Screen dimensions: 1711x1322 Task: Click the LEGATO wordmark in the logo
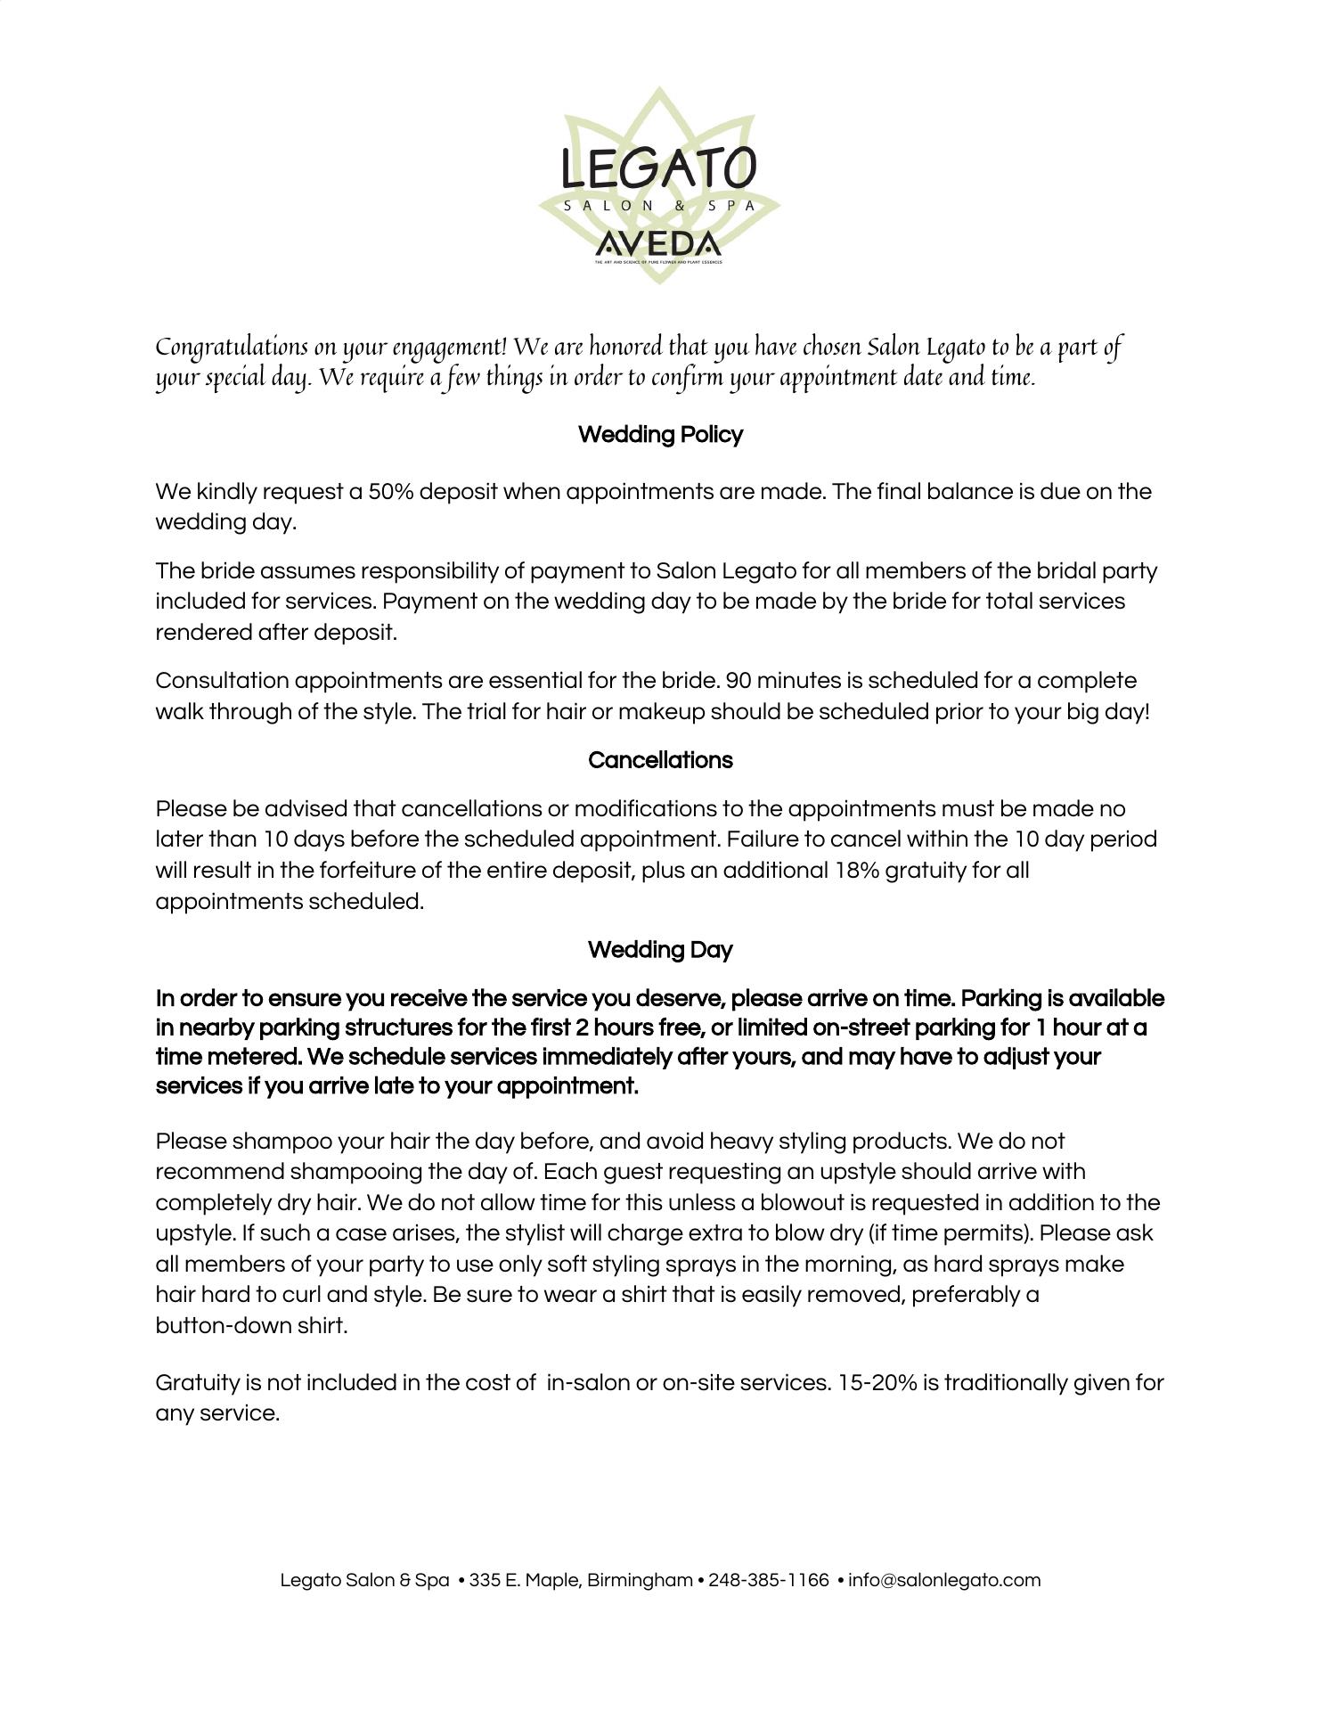click(x=659, y=168)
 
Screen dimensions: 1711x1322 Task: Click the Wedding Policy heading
click(x=660, y=435)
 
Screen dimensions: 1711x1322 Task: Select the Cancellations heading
click(x=660, y=760)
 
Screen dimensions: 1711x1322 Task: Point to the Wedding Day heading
click(x=660, y=950)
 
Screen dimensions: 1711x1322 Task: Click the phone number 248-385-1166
click(x=768, y=1580)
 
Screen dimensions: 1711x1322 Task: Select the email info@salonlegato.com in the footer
click(x=944, y=1580)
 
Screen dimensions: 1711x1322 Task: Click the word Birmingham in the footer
click(x=640, y=1580)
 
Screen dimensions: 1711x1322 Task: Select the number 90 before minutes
click(x=739, y=681)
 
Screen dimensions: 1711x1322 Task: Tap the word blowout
click(x=801, y=1203)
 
